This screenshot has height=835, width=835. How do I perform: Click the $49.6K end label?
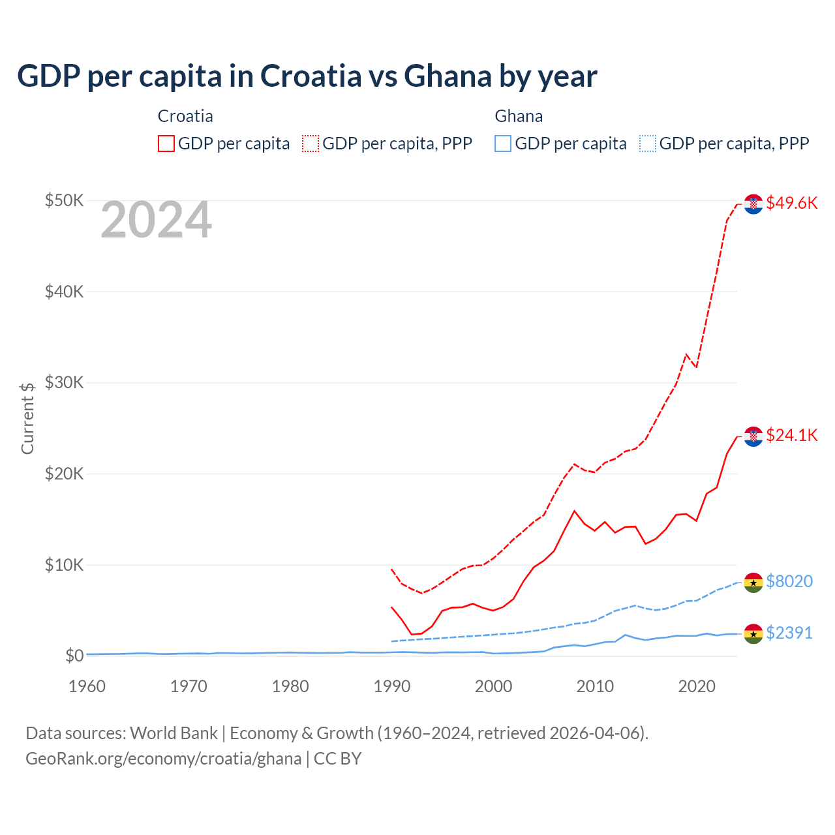click(791, 203)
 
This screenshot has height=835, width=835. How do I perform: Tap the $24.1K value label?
click(791, 435)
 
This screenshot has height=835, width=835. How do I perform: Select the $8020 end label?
click(789, 581)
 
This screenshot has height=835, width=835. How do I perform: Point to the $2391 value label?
click(789, 633)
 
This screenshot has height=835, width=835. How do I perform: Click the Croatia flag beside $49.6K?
click(753, 204)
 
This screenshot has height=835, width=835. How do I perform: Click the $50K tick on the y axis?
click(64, 200)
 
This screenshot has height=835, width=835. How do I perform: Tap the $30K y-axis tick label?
click(64, 382)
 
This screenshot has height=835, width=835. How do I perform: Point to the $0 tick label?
click(74, 656)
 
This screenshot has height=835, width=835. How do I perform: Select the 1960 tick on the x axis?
click(87, 686)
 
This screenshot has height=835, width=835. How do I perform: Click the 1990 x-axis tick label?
click(392, 686)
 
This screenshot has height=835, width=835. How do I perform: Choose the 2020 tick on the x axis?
click(697, 686)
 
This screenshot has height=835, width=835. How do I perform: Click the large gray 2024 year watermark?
click(156, 220)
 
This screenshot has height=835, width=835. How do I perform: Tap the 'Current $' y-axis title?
click(27, 418)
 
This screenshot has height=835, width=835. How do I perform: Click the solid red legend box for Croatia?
click(166, 144)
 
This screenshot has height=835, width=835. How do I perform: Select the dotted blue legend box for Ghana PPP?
click(647, 144)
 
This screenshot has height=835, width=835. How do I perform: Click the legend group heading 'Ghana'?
click(519, 116)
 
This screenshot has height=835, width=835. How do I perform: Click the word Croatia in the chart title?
click(311, 76)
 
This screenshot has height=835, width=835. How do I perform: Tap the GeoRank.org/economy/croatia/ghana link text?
click(163, 759)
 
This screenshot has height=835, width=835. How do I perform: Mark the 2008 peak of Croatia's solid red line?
click(574, 511)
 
